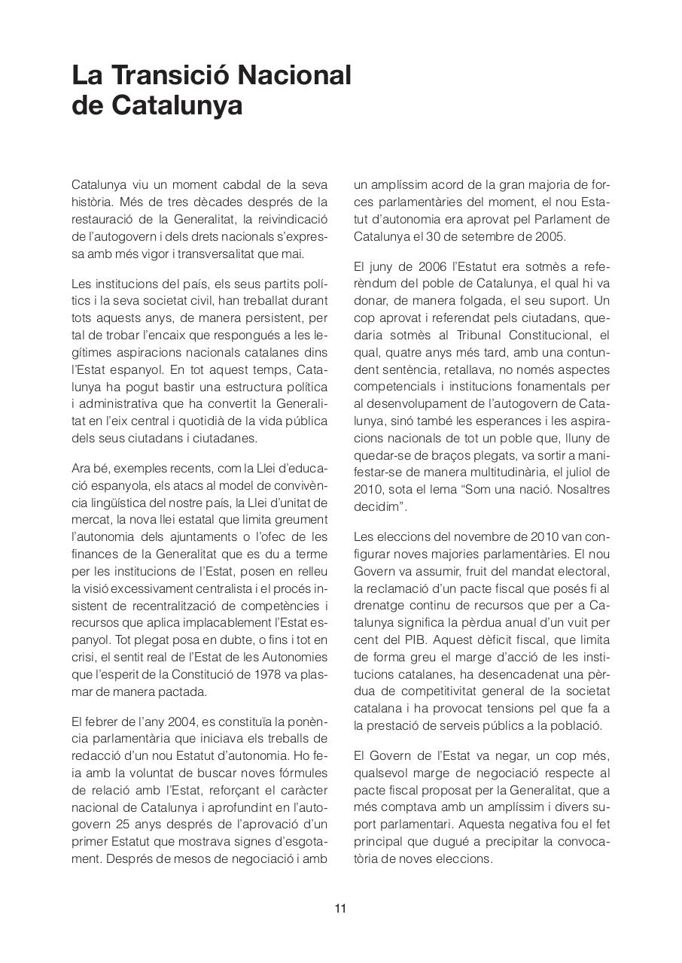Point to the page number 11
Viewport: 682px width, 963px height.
point(340,908)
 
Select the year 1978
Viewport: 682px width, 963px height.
point(259,675)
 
